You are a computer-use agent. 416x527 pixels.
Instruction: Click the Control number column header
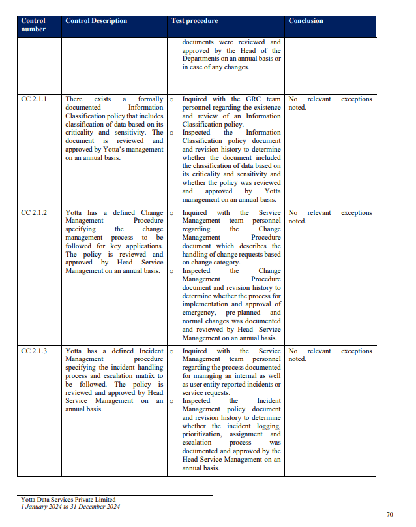click(x=33, y=25)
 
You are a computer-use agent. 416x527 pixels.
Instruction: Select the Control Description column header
click(x=96, y=21)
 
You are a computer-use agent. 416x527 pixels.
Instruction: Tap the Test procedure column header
click(x=194, y=21)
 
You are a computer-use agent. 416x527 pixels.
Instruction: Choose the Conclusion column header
click(x=306, y=21)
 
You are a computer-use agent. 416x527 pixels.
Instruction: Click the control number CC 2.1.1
click(x=34, y=99)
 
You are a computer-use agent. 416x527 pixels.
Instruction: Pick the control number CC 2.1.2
click(x=34, y=213)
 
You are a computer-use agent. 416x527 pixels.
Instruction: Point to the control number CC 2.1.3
click(x=34, y=351)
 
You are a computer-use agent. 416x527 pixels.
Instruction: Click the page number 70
click(x=389, y=515)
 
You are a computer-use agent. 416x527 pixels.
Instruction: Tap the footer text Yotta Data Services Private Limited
click(x=68, y=500)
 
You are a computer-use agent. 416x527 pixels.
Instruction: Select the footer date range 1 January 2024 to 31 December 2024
click(x=70, y=507)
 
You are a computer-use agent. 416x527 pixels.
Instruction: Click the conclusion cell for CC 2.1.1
click(x=330, y=103)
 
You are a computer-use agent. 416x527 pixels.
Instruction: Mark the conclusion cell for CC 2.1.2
click(x=330, y=217)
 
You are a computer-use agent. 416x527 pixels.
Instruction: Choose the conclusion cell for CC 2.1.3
click(x=330, y=355)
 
